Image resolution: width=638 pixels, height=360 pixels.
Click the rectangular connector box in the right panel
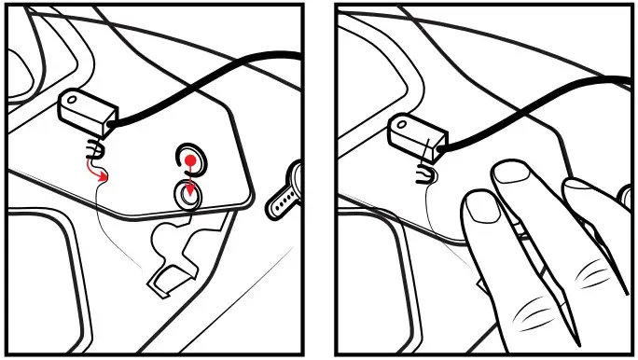pos(416,130)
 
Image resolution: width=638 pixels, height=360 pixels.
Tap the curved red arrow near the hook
pos(96,168)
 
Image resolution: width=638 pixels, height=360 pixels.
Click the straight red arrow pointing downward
pos(190,183)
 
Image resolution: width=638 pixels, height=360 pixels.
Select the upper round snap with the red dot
pos(190,159)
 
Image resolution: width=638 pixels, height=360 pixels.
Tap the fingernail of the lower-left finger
pos(480,207)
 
